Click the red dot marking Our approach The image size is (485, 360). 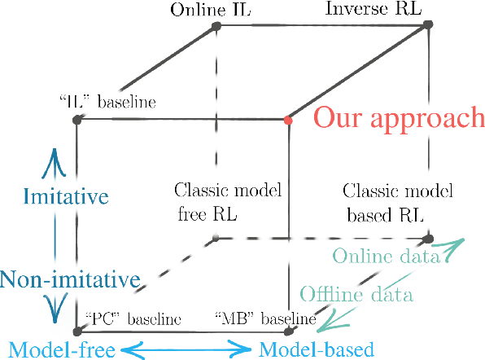tap(288, 121)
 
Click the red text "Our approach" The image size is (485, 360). tap(399, 118)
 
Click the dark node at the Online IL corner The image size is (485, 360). tap(216, 27)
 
